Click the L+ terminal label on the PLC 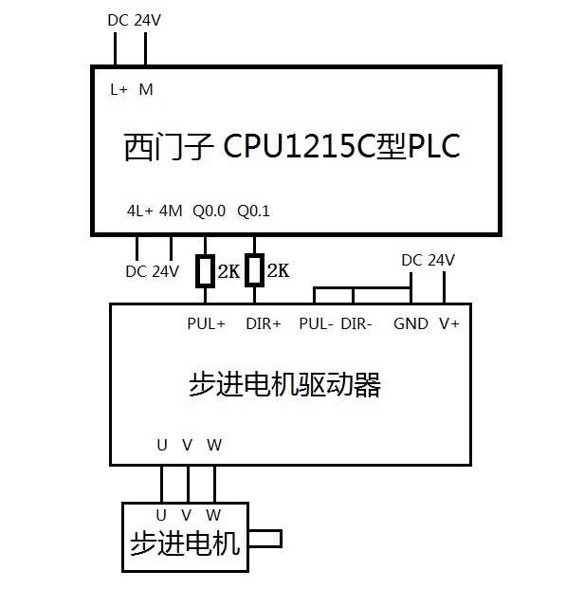119,90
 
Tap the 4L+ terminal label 139,211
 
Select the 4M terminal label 171,211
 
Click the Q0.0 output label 209,211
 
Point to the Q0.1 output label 253,211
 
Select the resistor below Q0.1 254,271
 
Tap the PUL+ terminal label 207,323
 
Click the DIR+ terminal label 264,323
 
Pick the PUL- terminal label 316,323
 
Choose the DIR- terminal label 356,323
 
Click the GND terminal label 411,323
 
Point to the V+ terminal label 449,323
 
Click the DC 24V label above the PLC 131,19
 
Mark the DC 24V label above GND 428,260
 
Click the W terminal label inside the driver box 215,444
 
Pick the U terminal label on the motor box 161,514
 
